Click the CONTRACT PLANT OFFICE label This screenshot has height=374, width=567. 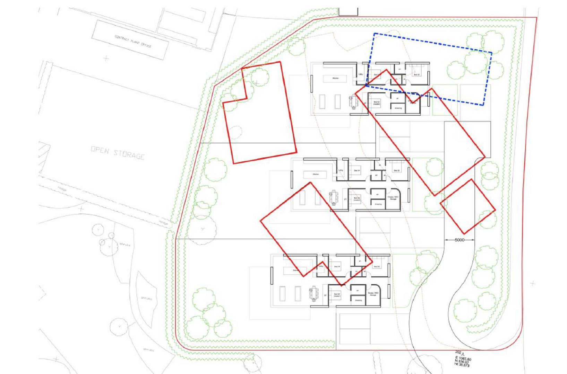[x=133, y=41]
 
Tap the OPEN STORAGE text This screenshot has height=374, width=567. [x=118, y=153]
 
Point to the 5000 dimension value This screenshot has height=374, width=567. [x=459, y=240]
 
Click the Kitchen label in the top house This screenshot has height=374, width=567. [x=335, y=79]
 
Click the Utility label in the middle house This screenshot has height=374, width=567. [x=341, y=170]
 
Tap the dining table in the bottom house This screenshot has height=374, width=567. [x=314, y=294]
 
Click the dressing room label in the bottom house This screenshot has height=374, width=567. [x=358, y=300]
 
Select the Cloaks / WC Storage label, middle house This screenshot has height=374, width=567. [x=393, y=198]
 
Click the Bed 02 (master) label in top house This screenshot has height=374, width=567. [x=377, y=103]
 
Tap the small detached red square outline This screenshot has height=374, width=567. [x=467, y=206]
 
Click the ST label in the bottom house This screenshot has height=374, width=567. [x=325, y=295]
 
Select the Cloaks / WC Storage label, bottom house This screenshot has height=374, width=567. [x=373, y=294]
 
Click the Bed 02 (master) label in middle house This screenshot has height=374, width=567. [x=357, y=199]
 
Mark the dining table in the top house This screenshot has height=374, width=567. [x=354, y=103]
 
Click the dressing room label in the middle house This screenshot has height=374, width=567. [x=378, y=204]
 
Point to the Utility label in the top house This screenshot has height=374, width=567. [x=360, y=74]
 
